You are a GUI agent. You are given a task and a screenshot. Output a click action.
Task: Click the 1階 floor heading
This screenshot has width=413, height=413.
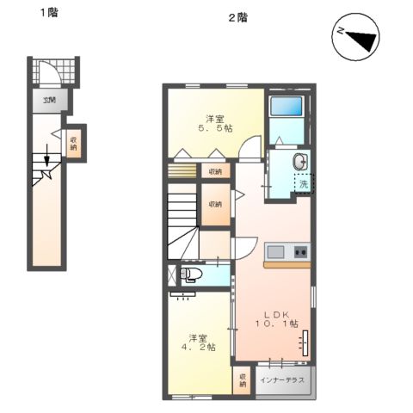point(47,14)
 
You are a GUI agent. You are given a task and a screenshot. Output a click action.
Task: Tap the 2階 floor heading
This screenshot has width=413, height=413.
point(237,16)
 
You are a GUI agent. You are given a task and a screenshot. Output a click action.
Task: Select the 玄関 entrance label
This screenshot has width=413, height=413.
point(48,101)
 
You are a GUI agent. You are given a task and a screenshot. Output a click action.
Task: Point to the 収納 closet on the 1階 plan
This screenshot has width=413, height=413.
point(75,143)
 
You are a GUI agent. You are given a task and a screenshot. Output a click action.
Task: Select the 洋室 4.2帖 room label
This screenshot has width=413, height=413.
point(198,342)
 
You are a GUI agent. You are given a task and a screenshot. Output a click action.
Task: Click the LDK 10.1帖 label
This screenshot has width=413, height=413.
point(275,318)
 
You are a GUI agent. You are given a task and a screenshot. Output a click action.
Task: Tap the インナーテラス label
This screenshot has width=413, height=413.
point(283,379)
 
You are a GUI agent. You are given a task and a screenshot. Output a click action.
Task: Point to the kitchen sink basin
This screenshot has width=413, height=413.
point(275,252)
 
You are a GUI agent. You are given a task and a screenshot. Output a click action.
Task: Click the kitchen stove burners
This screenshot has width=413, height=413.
point(300,252)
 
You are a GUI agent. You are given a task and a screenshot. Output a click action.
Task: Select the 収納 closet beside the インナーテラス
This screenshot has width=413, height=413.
point(243,380)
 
